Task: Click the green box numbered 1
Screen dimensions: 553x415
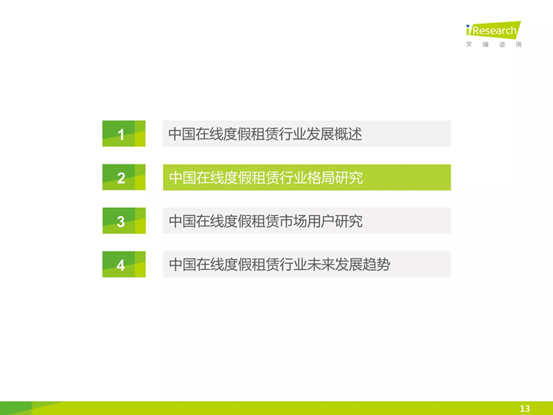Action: (x=124, y=133)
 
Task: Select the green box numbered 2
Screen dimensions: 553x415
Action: (x=124, y=178)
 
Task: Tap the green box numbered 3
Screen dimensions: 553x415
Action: (x=124, y=220)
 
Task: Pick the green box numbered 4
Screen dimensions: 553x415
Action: (x=124, y=264)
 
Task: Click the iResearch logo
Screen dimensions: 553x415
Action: (x=493, y=30)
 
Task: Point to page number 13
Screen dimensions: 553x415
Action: (x=525, y=408)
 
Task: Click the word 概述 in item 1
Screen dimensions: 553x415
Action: (x=348, y=134)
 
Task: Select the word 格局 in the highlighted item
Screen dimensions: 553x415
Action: (x=321, y=178)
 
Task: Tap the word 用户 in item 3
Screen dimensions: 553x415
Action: (x=321, y=221)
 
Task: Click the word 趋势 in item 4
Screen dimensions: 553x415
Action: (x=376, y=265)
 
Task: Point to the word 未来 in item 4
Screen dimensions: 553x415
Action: (x=321, y=265)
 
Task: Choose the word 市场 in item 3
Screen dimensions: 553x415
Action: (x=293, y=221)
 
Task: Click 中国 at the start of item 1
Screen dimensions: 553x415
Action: (x=182, y=134)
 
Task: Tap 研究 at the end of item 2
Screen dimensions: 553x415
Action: (x=349, y=178)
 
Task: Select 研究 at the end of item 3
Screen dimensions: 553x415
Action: (x=349, y=221)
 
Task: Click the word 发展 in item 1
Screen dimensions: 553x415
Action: (x=321, y=134)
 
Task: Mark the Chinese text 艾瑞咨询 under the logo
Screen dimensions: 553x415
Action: (x=493, y=44)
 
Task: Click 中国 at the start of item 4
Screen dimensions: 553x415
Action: (x=183, y=265)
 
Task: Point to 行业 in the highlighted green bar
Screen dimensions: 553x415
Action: (x=293, y=178)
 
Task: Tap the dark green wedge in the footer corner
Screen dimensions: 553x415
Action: (x=16, y=408)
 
